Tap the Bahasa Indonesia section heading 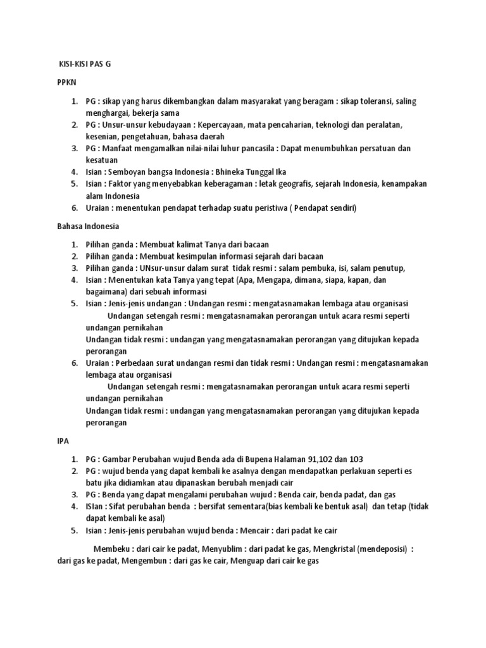click(x=88, y=225)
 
